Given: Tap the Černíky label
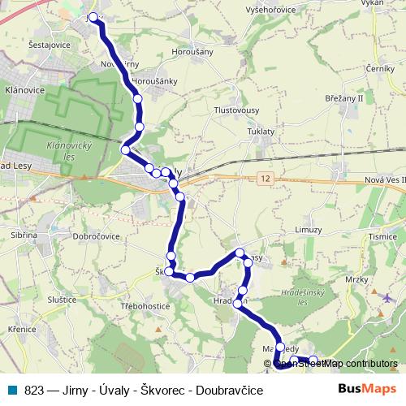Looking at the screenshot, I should tap(379, 69).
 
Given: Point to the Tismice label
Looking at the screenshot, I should tap(382, 236).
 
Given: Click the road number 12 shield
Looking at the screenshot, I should tap(266, 176).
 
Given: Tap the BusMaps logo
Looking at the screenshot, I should tap(367, 388).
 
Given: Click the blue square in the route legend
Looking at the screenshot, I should tap(13, 389).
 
